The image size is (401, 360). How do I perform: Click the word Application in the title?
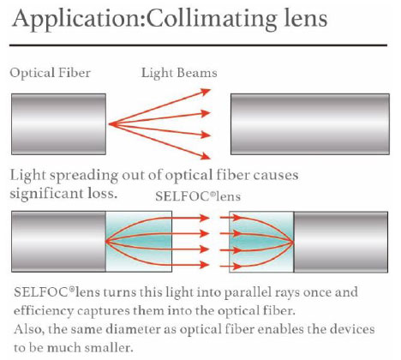(79, 20)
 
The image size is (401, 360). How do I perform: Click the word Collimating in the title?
(212, 20)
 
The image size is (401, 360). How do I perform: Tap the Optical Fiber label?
(51, 73)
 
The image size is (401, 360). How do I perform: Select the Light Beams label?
(179, 73)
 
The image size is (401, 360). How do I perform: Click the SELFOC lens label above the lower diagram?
(198, 196)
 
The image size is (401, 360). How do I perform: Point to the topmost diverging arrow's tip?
(211, 90)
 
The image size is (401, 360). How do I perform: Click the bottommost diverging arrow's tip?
(211, 158)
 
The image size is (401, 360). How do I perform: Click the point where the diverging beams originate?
(109, 124)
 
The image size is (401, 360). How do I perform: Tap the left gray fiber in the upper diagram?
(58, 124)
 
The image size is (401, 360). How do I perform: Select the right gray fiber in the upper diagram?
(310, 124)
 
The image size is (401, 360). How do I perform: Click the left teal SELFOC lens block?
(139, 242)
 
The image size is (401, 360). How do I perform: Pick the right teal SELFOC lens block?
(261, 242)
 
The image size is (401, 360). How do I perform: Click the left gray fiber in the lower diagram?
(58, 242)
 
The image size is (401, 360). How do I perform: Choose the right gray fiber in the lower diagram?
(341, 242)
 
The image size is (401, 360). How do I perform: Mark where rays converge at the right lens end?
(293, 243)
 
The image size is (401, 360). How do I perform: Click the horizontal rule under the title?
(198, 45)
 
